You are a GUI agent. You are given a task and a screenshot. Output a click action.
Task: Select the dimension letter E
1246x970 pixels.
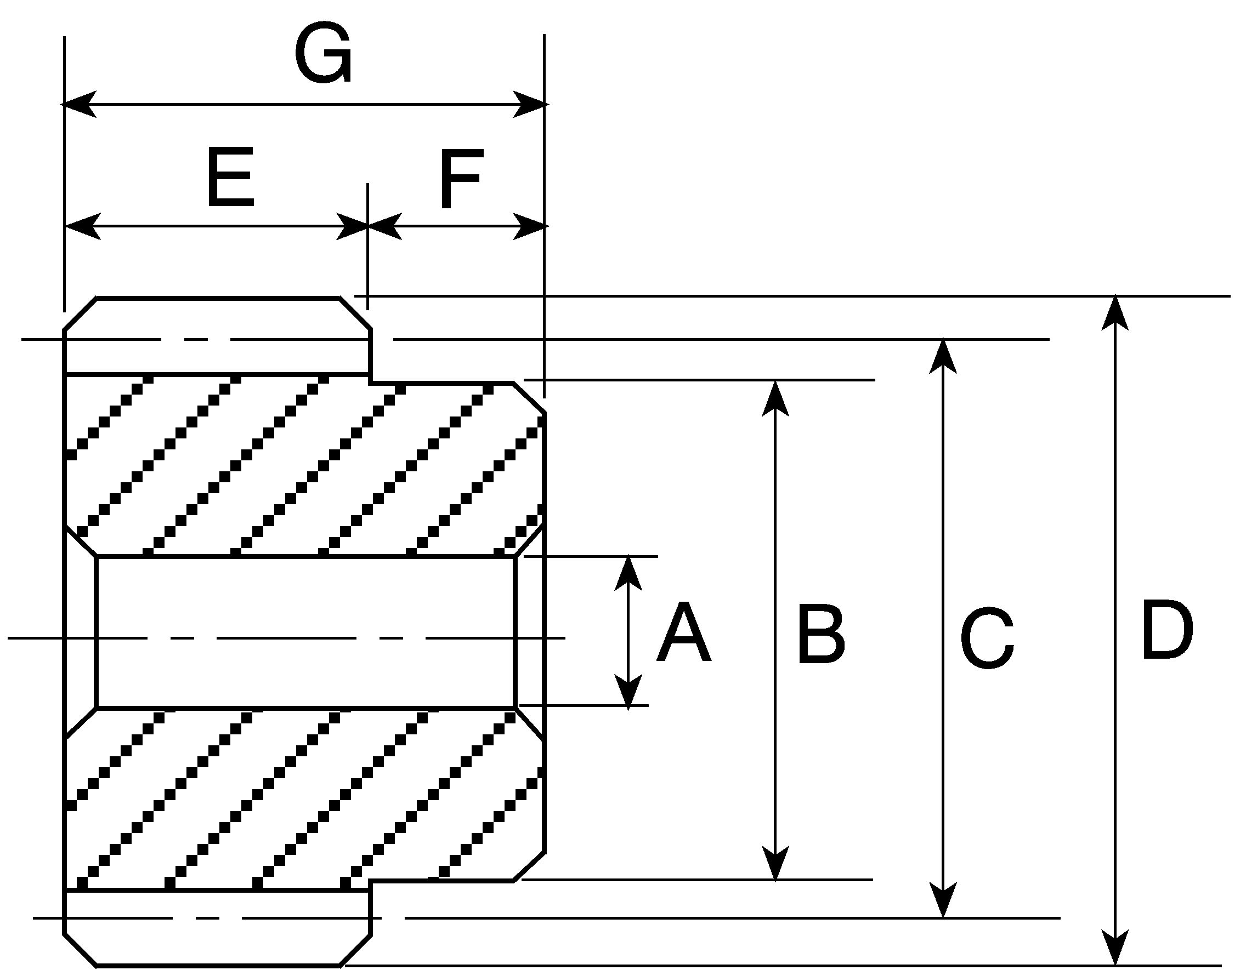[x=230, y=178]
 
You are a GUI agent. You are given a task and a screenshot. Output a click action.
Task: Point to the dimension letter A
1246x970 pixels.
[x=683, y=632]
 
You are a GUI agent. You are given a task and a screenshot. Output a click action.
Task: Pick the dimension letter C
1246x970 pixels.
[x=987, y=637]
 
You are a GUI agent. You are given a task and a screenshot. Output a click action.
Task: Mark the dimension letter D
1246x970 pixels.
[x=1167, y=630]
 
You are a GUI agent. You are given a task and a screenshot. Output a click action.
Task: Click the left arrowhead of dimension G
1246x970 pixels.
[x=79, y=104]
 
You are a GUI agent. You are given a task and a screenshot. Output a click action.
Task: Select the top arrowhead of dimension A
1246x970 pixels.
[x=628, y=573]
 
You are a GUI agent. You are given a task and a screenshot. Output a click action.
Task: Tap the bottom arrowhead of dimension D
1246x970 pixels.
[x=1115, y=948]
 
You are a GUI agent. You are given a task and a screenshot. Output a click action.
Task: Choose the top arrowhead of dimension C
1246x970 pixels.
[x=944, y=357]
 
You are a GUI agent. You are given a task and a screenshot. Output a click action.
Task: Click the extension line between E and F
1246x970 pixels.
[x=368, y=247]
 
